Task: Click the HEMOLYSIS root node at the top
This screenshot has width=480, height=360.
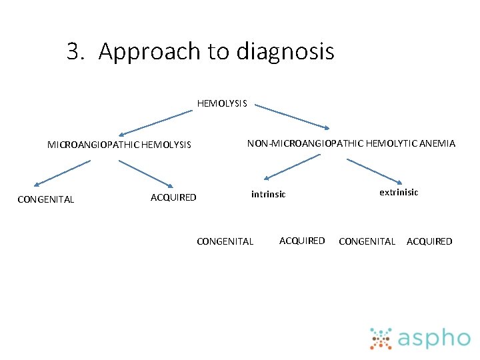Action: tap(222, 103)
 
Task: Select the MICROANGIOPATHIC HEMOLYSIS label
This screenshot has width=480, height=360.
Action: tap(119, 145)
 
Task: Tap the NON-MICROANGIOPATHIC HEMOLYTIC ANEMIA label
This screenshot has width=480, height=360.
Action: tap(351, 143)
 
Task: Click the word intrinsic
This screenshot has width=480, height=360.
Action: tap(268, 195)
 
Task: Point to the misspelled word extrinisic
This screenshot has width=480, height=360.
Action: tap(399, 192)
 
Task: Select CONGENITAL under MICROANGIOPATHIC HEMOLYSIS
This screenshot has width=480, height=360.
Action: tap(45, 199)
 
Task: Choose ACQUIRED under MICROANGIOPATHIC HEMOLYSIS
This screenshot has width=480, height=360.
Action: tap(173, 197)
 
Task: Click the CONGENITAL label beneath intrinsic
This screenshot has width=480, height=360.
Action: tap(225, 241)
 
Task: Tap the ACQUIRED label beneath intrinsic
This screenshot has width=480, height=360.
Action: tap(302, 241)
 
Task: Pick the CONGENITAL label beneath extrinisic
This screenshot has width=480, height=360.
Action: tap(367, 241)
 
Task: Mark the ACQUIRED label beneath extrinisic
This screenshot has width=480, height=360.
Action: tap(429, 241)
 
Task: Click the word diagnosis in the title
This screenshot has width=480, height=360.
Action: tap(280, 51)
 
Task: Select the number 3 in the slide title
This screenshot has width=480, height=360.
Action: tap(73, 51)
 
